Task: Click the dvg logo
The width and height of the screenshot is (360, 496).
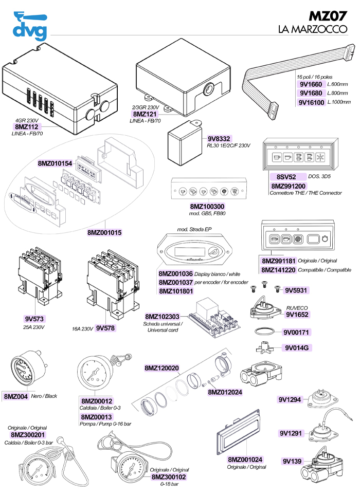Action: pyautogui.click(x=29, y=26)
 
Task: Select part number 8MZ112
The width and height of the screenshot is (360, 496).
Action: pyautogui.click(x=27, y=126)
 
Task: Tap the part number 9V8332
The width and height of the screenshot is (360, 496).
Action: pyautogui.click(x=219, y=139)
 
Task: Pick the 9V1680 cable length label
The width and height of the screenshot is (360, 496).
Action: pyautogui.click(x=311, y=93)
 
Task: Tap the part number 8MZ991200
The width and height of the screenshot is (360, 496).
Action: pyautogui.click(x=287, y=186)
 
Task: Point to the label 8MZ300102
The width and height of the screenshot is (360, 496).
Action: pyautogui.click(x=169, y=477)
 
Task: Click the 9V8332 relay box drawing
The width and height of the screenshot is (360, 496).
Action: pyautogui.click(x=184, y=139)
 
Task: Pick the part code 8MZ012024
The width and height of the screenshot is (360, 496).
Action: pyautogui.click(x=225, y=392)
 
